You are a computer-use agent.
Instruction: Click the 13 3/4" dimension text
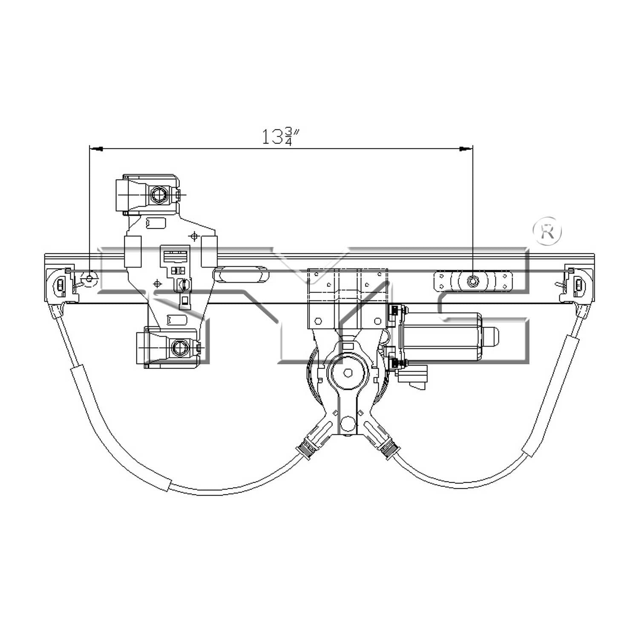tap(282, 136)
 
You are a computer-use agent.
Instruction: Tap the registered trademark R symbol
tap(547, 232)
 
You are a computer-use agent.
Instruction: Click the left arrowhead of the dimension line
tap(95, 149)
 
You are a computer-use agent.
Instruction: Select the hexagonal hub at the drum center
tap(348, 372)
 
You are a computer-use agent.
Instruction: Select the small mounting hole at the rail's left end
tap(89, 279)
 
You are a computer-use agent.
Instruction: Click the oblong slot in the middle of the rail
tap(242, 274)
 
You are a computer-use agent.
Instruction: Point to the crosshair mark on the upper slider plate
tap(194, 236)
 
